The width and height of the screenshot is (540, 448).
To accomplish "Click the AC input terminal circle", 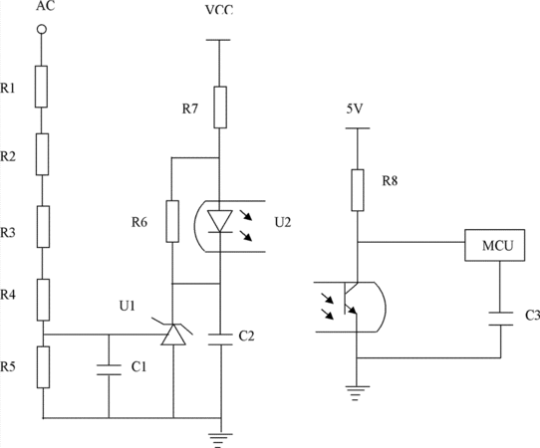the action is (x=42, y=30).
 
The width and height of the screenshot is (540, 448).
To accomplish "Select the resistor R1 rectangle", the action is (x=41, y=87).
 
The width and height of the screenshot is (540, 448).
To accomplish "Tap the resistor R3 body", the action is (x=43, y=227).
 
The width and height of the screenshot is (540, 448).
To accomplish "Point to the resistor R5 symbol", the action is (x=43, y=367).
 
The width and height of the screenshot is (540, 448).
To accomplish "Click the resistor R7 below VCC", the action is (x=220, y=108).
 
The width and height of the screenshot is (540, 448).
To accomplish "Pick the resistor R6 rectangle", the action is (x=172, y=222).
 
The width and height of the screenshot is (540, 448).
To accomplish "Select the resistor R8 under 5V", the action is (x=358, y=190).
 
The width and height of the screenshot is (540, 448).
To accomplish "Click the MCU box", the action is (x=495, y=245).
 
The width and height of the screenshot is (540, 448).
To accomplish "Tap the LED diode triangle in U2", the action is (x=220, y=221).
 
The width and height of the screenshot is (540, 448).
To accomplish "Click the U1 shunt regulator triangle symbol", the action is (x=173, y=334).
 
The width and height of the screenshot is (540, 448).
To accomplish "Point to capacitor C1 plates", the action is (x=109, y=369).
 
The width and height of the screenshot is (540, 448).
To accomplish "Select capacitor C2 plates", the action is (x=220, y=338).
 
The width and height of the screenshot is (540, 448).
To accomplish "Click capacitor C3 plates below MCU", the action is (x=501, y=319).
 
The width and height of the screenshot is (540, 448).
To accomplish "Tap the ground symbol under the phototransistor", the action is (x=358, y=393).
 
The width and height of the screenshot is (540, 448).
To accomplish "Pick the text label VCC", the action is (x=219, y=10).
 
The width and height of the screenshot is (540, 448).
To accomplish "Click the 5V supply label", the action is (x=355, y=110).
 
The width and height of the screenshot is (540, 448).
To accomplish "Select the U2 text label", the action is (x=283, y=223).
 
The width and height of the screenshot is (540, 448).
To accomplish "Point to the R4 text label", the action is (x=8, y=295).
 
